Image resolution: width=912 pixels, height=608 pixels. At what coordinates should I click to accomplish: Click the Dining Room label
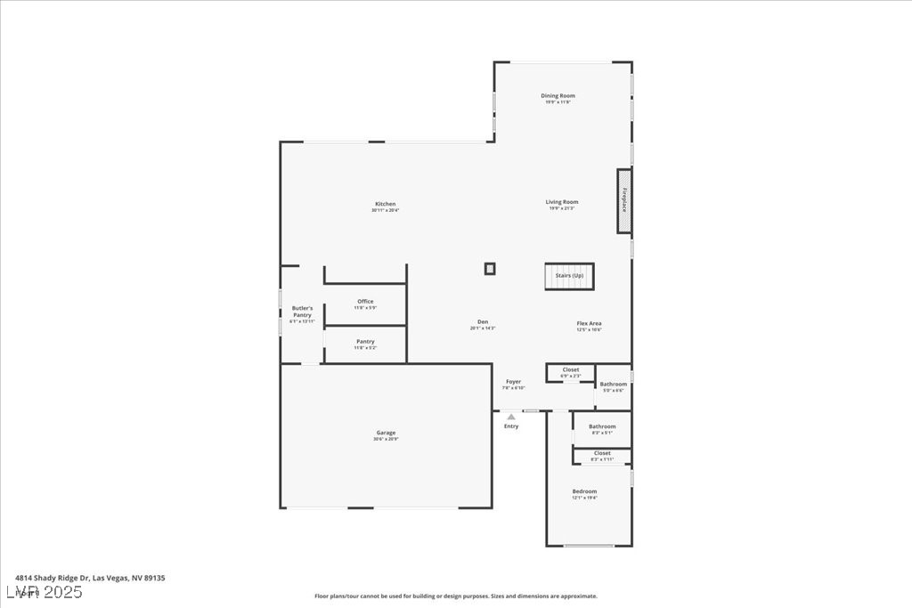pyautogui.click(x=558, y=96)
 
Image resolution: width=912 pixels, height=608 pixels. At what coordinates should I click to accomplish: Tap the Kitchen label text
pyautogui.click(x=385, y=204)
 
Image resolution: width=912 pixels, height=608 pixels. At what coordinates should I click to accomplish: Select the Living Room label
pyautogui.click(x=562, y=202)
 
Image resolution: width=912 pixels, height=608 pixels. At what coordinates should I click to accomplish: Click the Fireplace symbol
pyautogui.click(x=624, y=202)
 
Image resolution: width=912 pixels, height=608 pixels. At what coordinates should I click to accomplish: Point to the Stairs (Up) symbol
pyautogui.click(x=569, y=276)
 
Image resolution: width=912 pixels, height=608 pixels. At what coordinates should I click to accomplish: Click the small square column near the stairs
pyautogui.click(x=490, y=268)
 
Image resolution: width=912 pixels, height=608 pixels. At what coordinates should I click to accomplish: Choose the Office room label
pyautogui.click(x=365, y=302)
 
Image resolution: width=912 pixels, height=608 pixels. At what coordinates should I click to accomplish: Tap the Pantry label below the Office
pyautogui.click(x=365, y=342)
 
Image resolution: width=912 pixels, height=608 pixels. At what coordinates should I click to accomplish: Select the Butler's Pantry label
pyautogui.click(x=302, y=312)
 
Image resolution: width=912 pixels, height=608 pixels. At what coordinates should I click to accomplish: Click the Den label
pyautogui.click(x=482, y=322)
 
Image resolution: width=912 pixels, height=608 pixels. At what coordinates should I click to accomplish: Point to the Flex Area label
pyautogui.click(x=589, y=323)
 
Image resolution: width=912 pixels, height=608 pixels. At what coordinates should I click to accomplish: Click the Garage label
pyautogui.click(x=386, y=434)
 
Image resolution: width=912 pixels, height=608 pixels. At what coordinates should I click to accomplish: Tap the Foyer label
pyautogui.click(x=514, y=382)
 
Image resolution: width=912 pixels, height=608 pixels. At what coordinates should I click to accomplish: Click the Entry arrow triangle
pyautogui.click(x=511, y=416)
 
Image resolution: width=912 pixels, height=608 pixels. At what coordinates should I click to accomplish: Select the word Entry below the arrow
pyautogui.click(x=511, y=426)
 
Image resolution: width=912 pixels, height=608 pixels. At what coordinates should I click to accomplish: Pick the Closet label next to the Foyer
pyautogui.click(x=570, y=369)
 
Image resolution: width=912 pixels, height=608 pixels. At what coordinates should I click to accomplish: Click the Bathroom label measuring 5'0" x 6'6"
pyautogui.click(x=613, y=385)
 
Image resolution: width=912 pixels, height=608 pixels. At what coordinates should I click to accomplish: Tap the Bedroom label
pyautogui.click(x=584, y=491)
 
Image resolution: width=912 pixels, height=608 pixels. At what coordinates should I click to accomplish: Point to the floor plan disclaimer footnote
pyautogui.click(x=455, y=596)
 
